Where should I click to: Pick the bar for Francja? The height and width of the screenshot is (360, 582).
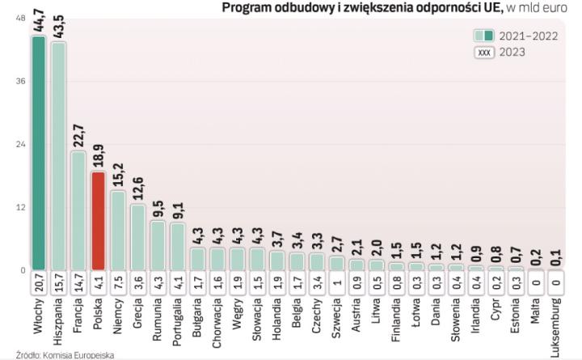(78, 210)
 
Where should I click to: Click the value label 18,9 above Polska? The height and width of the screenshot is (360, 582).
(98, 155)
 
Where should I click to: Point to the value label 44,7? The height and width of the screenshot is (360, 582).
(38, 18)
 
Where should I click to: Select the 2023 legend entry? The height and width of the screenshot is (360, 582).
(501, 53)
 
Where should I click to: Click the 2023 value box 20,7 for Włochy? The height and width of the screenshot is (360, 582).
(38, 282)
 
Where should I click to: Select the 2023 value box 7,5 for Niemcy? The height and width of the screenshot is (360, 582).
(117, 282)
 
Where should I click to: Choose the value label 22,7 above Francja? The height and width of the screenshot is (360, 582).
(78, 134)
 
